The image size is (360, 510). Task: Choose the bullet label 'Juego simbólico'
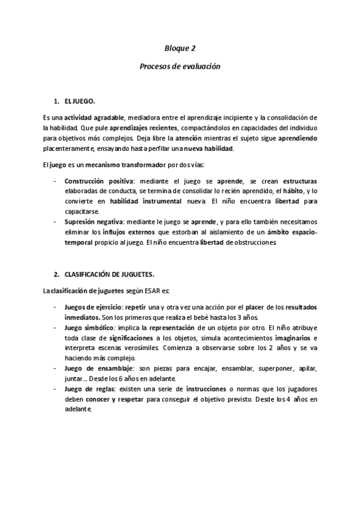click(85, 328)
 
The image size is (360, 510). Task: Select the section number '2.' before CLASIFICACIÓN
click(57, 274)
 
